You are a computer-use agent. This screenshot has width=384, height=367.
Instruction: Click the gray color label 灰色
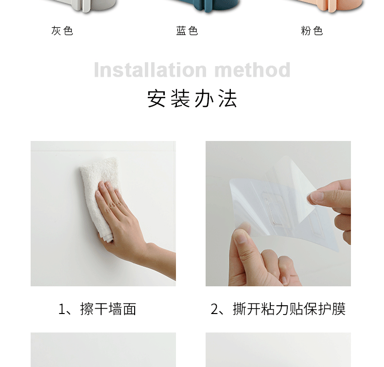pyautogui.click(x=62, y=31)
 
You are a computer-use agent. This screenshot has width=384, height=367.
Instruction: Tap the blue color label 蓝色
pyautogui.click(x=187, y=31)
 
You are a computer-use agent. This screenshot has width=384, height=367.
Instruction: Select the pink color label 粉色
pyautogui.click(x=312, y=31)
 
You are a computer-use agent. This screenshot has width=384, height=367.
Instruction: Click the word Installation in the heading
pyautogui.click(x=150, y=70)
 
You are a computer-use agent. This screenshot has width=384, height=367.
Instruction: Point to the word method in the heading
pyautogui.click(x=252, y=70)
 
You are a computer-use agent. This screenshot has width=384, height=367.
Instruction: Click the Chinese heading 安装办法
pyautogui.click(x=192, y=99)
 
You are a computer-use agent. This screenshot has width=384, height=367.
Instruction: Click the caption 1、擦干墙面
pyautogui.click(x=97, y=309)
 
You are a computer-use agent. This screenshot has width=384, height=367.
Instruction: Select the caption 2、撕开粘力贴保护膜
pyautogui.click(x=278, y=309)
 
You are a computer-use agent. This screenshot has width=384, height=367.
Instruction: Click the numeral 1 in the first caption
pyautogui.click(x=61, y=309)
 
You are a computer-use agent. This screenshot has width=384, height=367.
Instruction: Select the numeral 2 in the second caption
pyautogui.click(x=214, y=309)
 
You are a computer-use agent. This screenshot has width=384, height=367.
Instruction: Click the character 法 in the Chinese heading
pyautogui.click(x=228, y=99)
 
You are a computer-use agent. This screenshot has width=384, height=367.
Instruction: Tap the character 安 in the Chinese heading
pyautogui.click(x=157, y=99)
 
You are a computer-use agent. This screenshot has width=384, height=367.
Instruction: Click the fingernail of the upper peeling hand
pyautogui.click(x=316, y=196)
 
